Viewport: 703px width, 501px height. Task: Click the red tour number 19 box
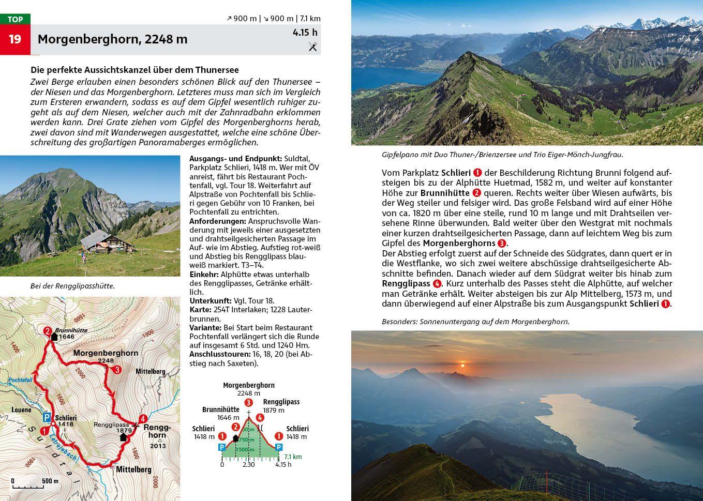(15, 39)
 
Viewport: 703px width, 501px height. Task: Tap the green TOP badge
(15, 19)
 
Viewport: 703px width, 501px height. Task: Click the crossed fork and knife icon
(312, 47)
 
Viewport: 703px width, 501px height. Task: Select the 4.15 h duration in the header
(305, 33)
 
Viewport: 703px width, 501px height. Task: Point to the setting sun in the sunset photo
(463, 365)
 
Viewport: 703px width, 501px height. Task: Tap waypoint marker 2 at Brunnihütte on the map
(47, 331)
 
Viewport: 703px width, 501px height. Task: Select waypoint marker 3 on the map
(117, 370)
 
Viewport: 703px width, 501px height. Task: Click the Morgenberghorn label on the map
(106, 353)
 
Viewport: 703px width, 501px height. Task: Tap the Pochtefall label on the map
(21, 381)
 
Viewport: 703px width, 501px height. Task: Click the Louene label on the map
(21, 409)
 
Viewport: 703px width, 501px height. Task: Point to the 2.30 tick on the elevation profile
(249, 464)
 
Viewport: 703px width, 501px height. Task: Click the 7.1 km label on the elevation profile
(293, 457)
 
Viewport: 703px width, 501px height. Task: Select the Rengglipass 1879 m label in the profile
(281, 406)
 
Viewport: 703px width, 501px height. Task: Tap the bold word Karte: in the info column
(201, 310)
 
